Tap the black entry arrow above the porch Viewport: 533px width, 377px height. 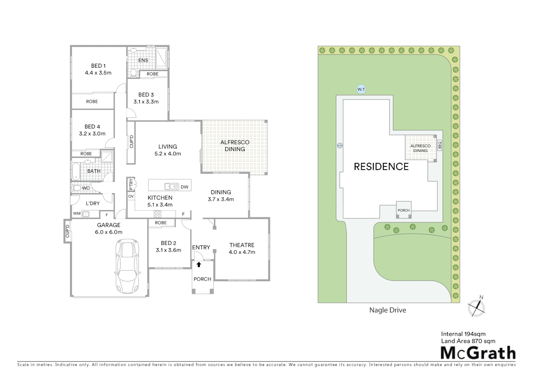(x=199, y=265)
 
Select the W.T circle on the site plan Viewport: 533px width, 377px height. (x=361, y=89)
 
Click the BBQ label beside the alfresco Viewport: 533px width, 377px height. (x=440, y=145)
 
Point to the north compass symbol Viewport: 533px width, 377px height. (x=476, y=307)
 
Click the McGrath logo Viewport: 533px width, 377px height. (x=478, y=353)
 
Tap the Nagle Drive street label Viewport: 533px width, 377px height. (x=388, y=310)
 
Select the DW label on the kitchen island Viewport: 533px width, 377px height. (x=185, y=187)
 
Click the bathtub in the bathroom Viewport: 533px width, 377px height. (x=76, y=171)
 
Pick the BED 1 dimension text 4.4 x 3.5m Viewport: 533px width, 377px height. (x=98, y=73)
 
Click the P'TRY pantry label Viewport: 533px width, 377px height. (x=131, y=184)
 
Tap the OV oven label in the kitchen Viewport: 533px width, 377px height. (x=131, y=197)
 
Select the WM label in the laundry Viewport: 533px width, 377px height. (x=77, y=213)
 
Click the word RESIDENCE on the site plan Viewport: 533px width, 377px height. (x=381, y=167)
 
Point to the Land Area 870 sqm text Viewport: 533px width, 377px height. (x=468, y=341)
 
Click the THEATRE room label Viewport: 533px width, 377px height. (x=242, y=245)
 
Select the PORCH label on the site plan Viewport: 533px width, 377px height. (x=404, y=210)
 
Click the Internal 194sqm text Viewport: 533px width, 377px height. (x=463, y=334)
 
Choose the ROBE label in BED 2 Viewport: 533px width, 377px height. (x=161, y=223)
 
